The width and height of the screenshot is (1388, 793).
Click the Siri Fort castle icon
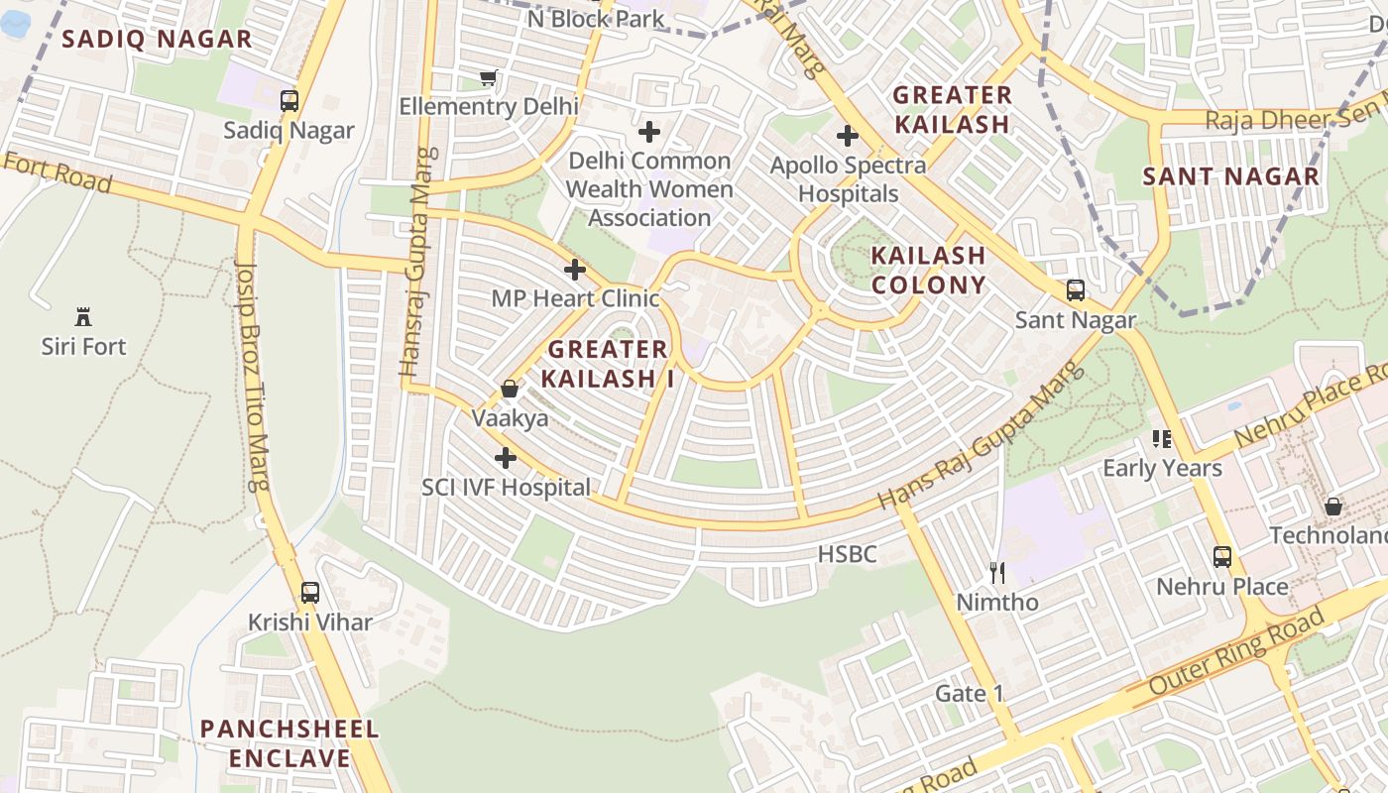pos(83,317)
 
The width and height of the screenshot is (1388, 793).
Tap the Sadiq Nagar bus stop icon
pos(289,100)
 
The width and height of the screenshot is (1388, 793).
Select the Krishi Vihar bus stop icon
pos(310,593)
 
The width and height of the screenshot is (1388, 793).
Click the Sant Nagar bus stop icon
pos(1076,290)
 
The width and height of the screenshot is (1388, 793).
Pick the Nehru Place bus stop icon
pos(1222,557)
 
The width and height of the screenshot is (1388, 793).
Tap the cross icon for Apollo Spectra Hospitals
pos(848,136)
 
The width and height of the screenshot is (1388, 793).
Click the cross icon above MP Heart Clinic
pos(575,270)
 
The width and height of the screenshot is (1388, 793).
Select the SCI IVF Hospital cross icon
pos(506,458)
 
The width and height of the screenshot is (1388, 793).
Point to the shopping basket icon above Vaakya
pos(510,389)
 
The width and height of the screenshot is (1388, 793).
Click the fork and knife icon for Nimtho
pos(998,572)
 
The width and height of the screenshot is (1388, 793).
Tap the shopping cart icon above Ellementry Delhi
pos(488,77)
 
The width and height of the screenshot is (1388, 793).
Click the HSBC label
pos(847,554)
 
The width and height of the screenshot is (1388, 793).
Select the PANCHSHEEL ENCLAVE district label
pos(289,743)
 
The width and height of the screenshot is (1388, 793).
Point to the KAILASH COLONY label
pos(928,270)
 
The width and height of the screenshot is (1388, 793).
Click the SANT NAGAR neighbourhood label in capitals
pos(1230,176)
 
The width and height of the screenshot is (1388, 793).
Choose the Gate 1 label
pos(969,693)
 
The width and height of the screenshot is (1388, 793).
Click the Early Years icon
pos(1162,438)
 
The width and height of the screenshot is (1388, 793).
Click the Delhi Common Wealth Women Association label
pos(649,189)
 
